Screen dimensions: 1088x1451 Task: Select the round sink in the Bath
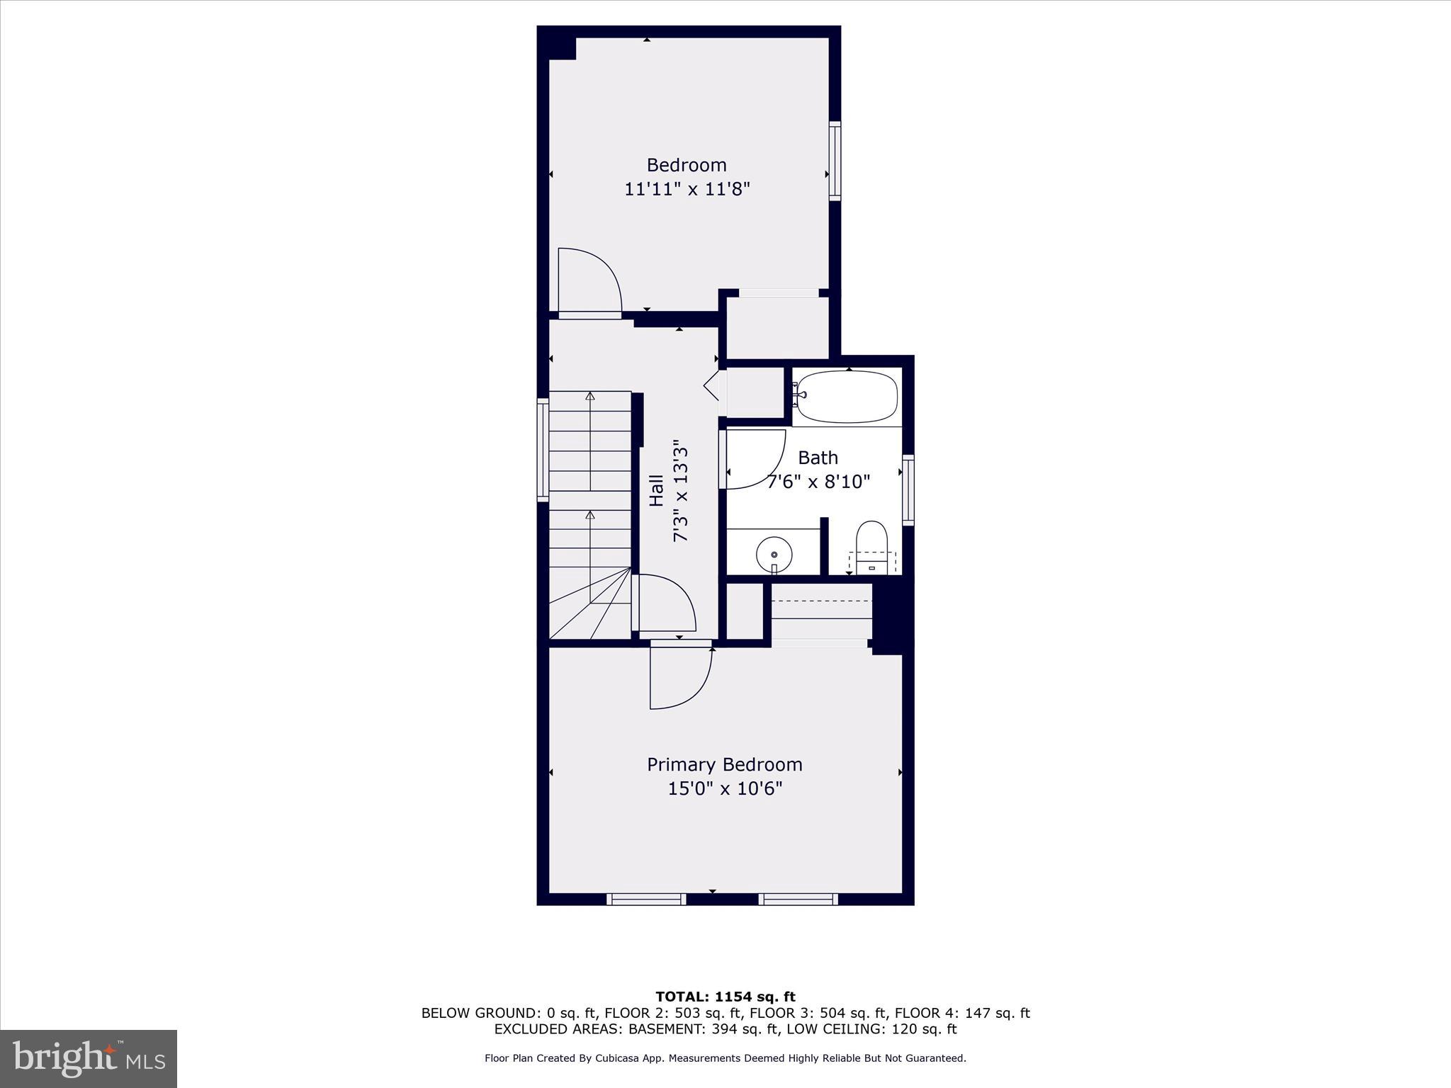click(774, 555)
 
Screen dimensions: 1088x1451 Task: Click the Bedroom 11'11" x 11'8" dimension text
click(687, 189)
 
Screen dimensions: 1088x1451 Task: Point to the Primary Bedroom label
click(724, 764)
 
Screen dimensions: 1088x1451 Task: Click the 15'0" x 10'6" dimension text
click(724, 788)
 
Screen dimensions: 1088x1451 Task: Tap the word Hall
click(657, 490)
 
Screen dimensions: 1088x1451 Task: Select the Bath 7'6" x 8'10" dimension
click(819, 482)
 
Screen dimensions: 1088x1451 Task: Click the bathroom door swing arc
click(755, 459)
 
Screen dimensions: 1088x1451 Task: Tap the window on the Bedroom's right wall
click(835, 161)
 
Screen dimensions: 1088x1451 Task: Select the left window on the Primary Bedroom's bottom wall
click(646, 899)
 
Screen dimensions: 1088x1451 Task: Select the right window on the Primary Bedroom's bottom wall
click(798, 899)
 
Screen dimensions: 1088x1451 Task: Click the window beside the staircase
click(543, 450)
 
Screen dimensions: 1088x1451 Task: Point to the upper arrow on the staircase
click(590, 397)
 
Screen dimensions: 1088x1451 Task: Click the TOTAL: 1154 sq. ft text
click(725, 997)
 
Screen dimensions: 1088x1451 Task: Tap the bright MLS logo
click(89, 1058)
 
